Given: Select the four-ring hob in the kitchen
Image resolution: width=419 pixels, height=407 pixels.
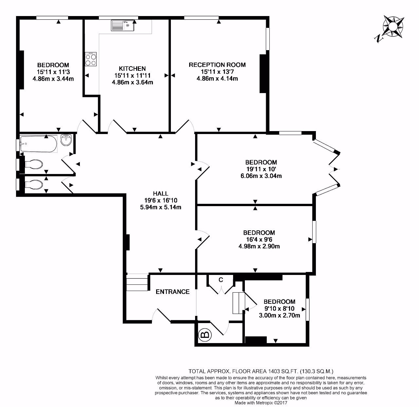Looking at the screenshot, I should pos(91,60).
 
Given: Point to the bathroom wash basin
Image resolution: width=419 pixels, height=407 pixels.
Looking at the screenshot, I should pos(67,141).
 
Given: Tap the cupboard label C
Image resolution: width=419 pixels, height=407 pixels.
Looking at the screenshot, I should pos(221,280).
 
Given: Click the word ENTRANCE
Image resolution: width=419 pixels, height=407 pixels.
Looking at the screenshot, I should pos(173,292).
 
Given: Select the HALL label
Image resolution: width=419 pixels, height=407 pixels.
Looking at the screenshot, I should pos(160,193).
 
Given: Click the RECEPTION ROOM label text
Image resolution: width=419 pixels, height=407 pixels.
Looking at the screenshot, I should pos(217,65).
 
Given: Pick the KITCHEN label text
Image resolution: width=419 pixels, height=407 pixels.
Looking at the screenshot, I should pos(132,68).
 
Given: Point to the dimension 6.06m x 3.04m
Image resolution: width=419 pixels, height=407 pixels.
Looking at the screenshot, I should pos(261,176).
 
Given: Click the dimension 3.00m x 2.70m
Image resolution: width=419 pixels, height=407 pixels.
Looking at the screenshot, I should pos(280,316).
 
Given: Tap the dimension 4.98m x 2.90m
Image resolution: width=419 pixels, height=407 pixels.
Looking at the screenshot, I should pos(259,246).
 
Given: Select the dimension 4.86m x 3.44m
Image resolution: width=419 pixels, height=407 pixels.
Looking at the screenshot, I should pos(53,79).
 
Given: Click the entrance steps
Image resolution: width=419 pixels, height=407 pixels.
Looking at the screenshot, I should pos(137,282).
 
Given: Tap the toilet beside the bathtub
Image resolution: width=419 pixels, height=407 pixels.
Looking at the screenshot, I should pos(34,164).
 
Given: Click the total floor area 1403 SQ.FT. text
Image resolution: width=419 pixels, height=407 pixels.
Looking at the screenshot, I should pos(261,371).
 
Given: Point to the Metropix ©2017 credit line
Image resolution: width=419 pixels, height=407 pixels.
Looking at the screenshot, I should pos(261,403).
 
